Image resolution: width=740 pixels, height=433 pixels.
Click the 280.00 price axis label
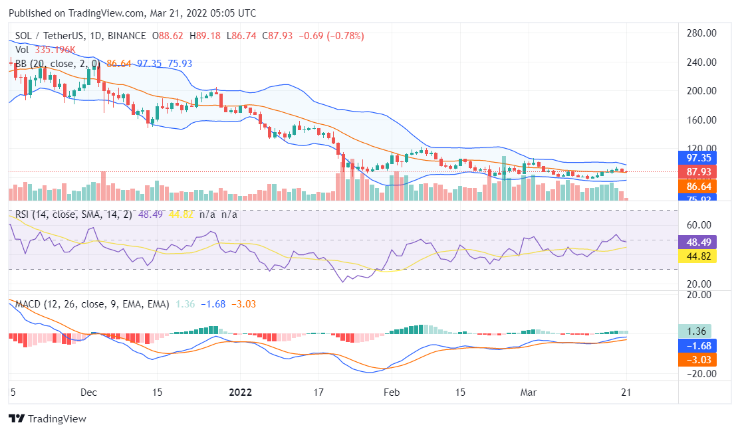(x=701, y=33)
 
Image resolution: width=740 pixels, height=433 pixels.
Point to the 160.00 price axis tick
(x=701, y=120)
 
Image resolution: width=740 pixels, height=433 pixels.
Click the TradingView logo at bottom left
(x=47, y=419)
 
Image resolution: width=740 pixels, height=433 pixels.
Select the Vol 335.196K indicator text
(x=45, y=50)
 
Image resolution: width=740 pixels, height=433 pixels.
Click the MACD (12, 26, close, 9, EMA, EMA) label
(x=92, y=304)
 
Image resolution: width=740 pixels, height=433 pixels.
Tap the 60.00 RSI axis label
(x=701, y=224)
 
